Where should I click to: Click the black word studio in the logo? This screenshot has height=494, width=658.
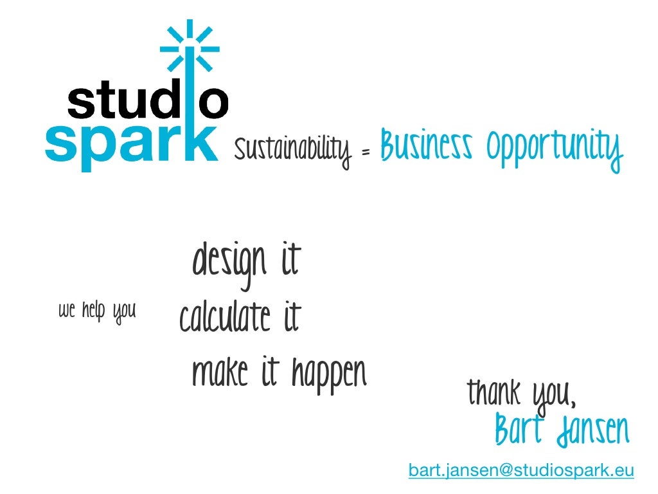point(147,102)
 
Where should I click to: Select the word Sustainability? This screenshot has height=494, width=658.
point(292,151)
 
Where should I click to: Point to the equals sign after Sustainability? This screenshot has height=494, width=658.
point(366,152)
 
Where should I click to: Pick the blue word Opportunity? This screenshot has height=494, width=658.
point(555,149)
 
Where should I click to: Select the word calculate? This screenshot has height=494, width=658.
point(225,318)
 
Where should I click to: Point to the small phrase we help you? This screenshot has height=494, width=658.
point(97,311)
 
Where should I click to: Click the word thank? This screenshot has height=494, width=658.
point(493,392)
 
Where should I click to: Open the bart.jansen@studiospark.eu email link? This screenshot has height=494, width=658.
point(521,471)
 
